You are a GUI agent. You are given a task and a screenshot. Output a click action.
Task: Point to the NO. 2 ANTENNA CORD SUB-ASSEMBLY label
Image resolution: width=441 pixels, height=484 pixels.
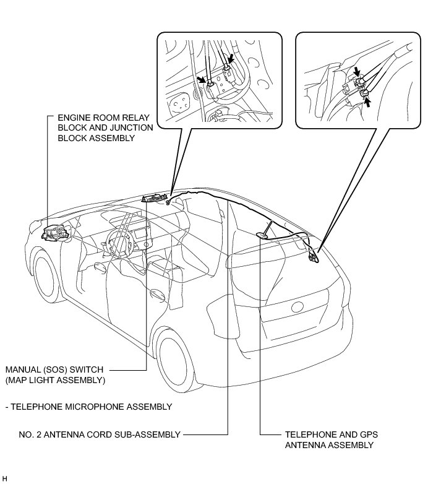click(92, 434)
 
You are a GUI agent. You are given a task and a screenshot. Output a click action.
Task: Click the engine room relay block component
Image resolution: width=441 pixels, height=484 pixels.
click(56, 232)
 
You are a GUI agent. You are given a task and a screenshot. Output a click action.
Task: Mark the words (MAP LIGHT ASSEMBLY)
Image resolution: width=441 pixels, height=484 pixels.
click(55, 379)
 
